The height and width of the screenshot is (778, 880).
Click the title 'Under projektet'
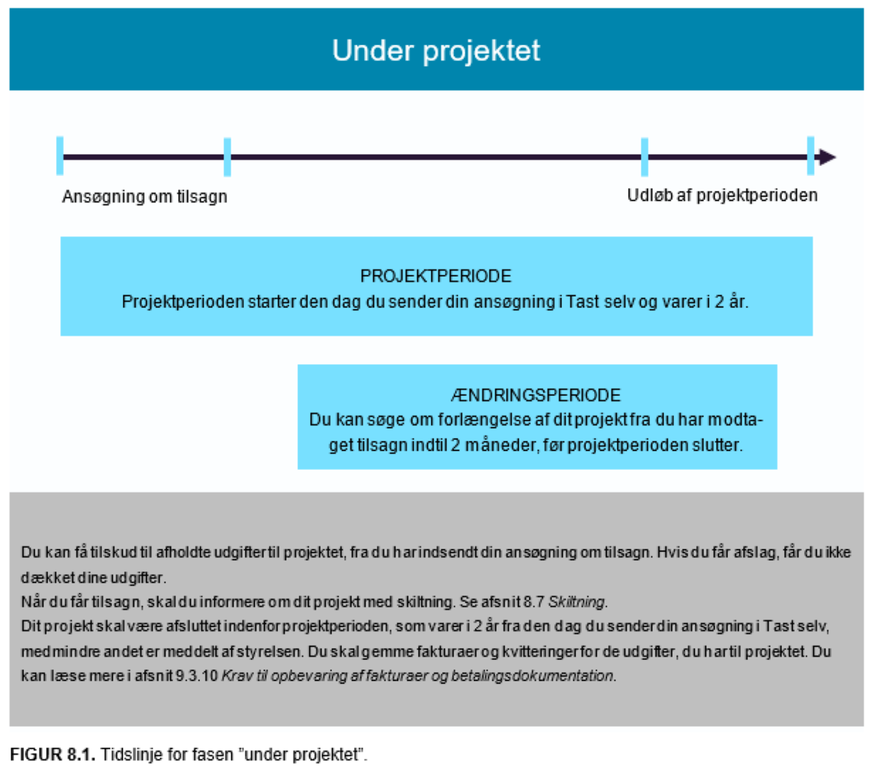(436, 51)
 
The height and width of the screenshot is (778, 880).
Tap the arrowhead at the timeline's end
(827, 157)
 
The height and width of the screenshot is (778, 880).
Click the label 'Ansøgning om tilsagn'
(145, 197)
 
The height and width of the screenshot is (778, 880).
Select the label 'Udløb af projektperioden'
(722, 195)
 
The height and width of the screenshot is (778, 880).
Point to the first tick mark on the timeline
(60, 156)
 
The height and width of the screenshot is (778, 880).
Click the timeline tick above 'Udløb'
(645, 157)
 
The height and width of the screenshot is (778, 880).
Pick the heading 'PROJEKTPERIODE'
(436, 276)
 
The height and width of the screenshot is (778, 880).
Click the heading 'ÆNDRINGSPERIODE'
(536, 395)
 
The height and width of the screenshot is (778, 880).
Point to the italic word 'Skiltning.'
(578, 602)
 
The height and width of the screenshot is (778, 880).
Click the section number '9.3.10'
(197, 676)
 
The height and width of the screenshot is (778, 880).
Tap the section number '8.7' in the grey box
(534, 602)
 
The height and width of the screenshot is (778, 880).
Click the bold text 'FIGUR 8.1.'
(53, 755)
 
